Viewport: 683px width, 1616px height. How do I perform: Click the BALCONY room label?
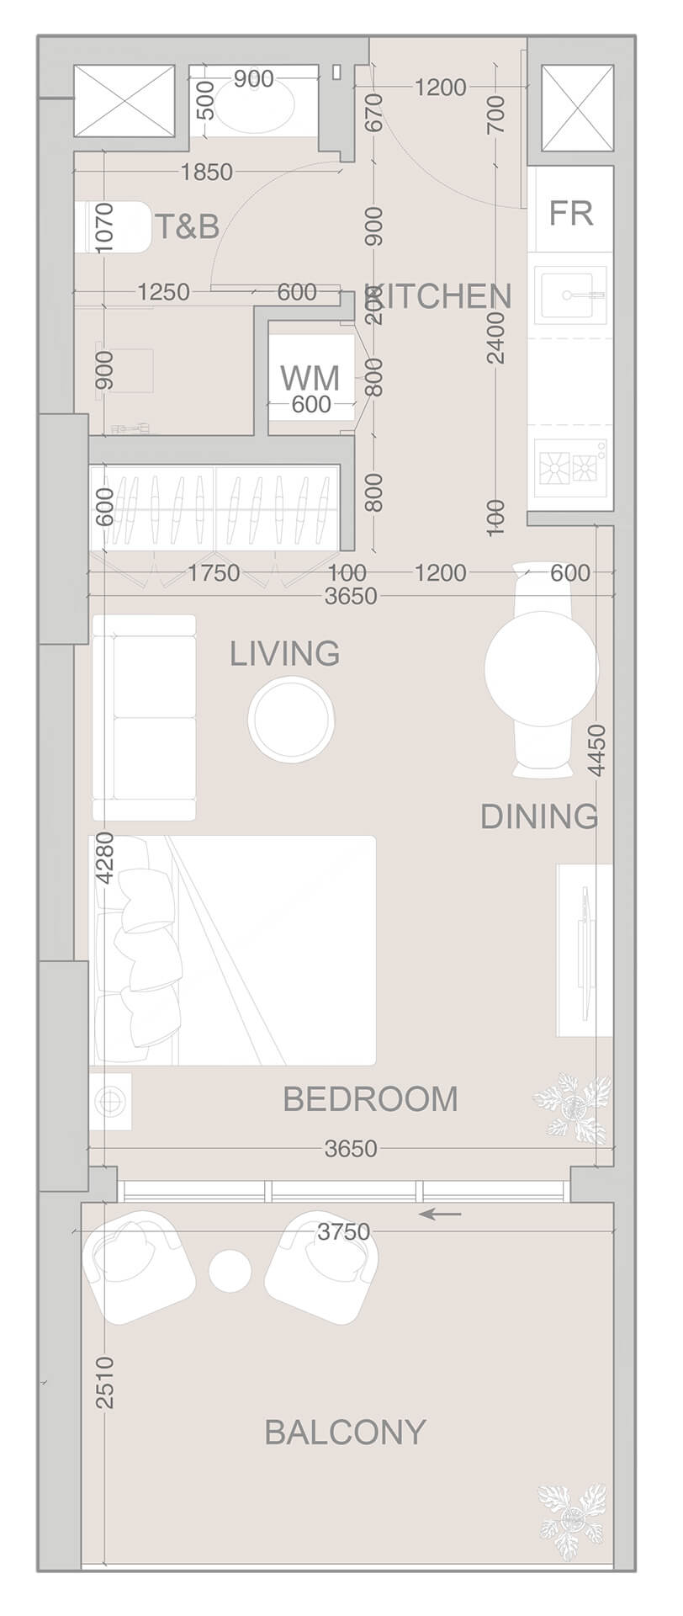[345, 1432]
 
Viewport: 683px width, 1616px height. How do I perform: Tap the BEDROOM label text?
[370, 1099]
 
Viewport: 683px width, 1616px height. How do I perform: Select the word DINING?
[538, 816]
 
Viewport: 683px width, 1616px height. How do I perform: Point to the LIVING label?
[285, 653]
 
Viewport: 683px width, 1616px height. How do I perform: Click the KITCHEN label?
[440, 296]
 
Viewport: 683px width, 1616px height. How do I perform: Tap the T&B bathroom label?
[187, 226]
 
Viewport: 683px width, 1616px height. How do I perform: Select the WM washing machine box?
[310, 377]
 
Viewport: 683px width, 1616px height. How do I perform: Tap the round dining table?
[541, 667]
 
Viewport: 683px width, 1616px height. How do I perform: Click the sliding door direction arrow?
[441, 1214]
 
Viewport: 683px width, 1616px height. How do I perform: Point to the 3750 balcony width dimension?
[345, 1231]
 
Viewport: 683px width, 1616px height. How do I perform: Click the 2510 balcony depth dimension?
[104, 1382]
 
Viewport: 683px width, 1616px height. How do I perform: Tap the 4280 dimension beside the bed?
[104, 858]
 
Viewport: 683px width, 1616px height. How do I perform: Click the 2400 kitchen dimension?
[496, 337]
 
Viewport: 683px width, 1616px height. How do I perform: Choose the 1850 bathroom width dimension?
[206, 173]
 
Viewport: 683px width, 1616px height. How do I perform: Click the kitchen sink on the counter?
[571, 294]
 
